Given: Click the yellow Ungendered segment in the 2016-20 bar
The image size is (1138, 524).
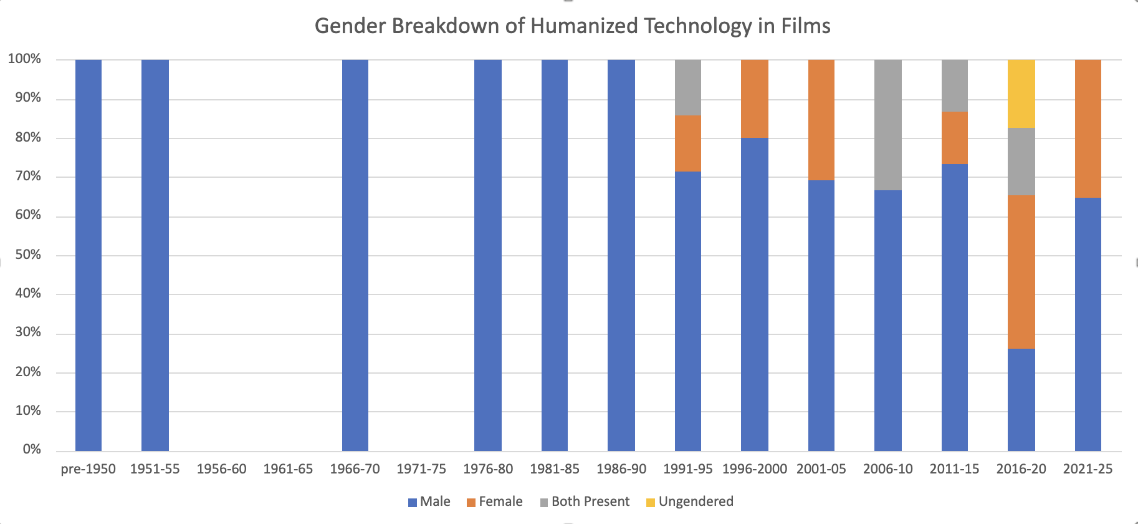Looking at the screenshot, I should pyautogui.click(x=1021, y=94).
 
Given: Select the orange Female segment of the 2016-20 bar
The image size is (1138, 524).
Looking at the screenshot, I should pyautogui.click(x=1021, y=272).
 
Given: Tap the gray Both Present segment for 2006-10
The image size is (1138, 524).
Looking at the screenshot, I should pyautogui.click(x=887, y=125).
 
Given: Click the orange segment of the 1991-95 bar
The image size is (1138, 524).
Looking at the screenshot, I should pyautogui.click(x=687, y=143).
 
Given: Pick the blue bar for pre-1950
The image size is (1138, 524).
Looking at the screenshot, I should pyautogui.click(x=88, y=256).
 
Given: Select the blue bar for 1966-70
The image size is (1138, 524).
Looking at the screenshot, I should pyautogui.click(x=355, y=256).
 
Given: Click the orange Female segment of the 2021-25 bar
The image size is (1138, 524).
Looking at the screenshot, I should pyautogui.click(x=1088, y=129).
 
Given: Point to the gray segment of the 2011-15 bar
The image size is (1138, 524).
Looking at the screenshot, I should pyautogui.click(x=954, y=85).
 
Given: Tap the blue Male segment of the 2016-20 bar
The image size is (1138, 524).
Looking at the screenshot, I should pyautogui.click(x=1021, y=400).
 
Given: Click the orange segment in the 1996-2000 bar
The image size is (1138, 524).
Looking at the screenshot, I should pyautogui.click(x=754, y=99).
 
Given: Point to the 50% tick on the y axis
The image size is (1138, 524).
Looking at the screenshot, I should pyautogui.click(x=28, y=255).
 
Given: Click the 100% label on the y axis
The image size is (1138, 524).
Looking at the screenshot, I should pyautogui.click(x=25, y=59).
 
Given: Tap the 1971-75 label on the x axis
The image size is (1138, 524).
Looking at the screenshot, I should pyautogui.click(x=421, y=469).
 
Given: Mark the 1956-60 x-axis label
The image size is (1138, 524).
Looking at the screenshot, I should pyautogui.click(x=221, y=469).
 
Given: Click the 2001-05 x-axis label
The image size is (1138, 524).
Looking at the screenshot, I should pyautogui.click(x=821, y=469).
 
